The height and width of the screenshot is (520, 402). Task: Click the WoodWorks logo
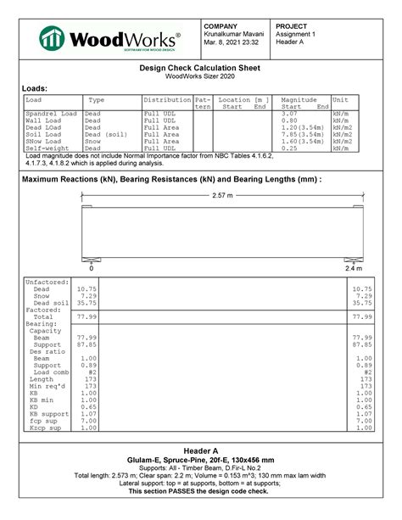(110, 38)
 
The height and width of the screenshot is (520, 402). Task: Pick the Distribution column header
(167, 100)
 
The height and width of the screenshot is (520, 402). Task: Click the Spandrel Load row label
(51, 114)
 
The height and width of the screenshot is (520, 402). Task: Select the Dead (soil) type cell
(107, 134)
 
